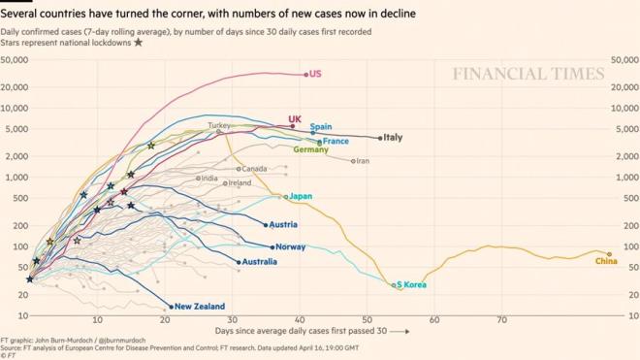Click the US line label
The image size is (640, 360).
tap(315, 75)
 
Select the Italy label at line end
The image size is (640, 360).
tap(393, 138)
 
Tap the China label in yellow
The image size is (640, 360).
tap(606, 261)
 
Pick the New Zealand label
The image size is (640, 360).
tap(201, 307)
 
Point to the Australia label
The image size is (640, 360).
tap(261, 262)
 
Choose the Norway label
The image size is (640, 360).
tap(291, 247)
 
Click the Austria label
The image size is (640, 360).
tap(283, 225)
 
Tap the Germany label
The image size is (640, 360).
tap(310, 150)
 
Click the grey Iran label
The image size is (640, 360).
tap(363, 161)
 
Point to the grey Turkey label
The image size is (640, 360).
tap(219, 126)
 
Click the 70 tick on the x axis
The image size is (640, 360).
tap(501, 319)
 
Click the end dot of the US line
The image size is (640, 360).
tap(306, 75)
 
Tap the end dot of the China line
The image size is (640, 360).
tap(609, 254)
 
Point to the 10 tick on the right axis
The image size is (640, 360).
tap(618, 315)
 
